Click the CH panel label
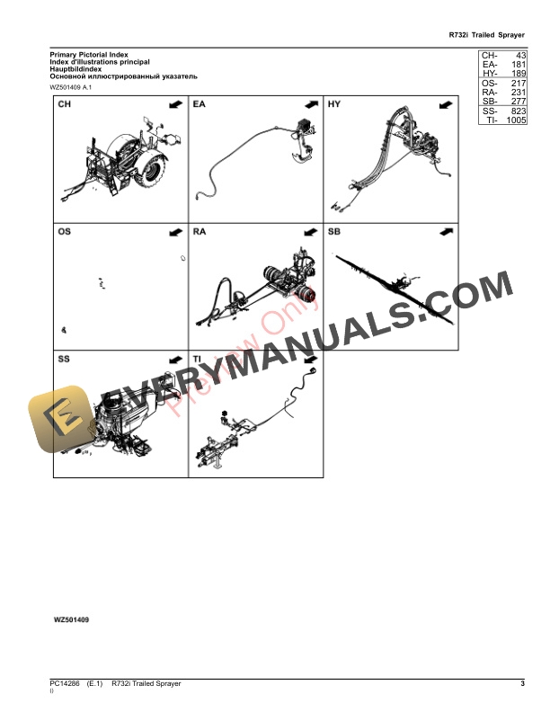pos(64,106)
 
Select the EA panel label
pos(199,106)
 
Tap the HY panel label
pos(334,106)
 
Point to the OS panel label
pos(64,232)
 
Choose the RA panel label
pos(200,232)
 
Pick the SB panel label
pos(334,232)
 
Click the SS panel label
pos(64,359)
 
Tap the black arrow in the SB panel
pos(445,232)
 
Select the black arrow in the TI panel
pos(309,359)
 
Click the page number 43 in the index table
pos(519,56)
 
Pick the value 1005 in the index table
pos(516,120)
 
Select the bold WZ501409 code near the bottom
pos(72,620)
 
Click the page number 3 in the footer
pos(522,684)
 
